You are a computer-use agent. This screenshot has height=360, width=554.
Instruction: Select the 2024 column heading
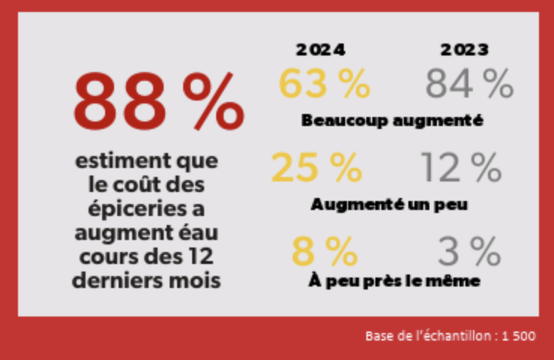320,50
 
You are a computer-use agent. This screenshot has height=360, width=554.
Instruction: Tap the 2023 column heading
465,50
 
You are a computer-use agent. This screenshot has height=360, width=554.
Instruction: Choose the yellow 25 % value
316,167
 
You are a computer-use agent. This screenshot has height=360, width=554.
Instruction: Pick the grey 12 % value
460,167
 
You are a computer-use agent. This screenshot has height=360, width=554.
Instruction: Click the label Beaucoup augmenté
391,120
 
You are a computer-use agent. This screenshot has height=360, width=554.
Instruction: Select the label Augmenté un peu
389,204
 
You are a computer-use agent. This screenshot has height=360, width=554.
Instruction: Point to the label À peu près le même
394,281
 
